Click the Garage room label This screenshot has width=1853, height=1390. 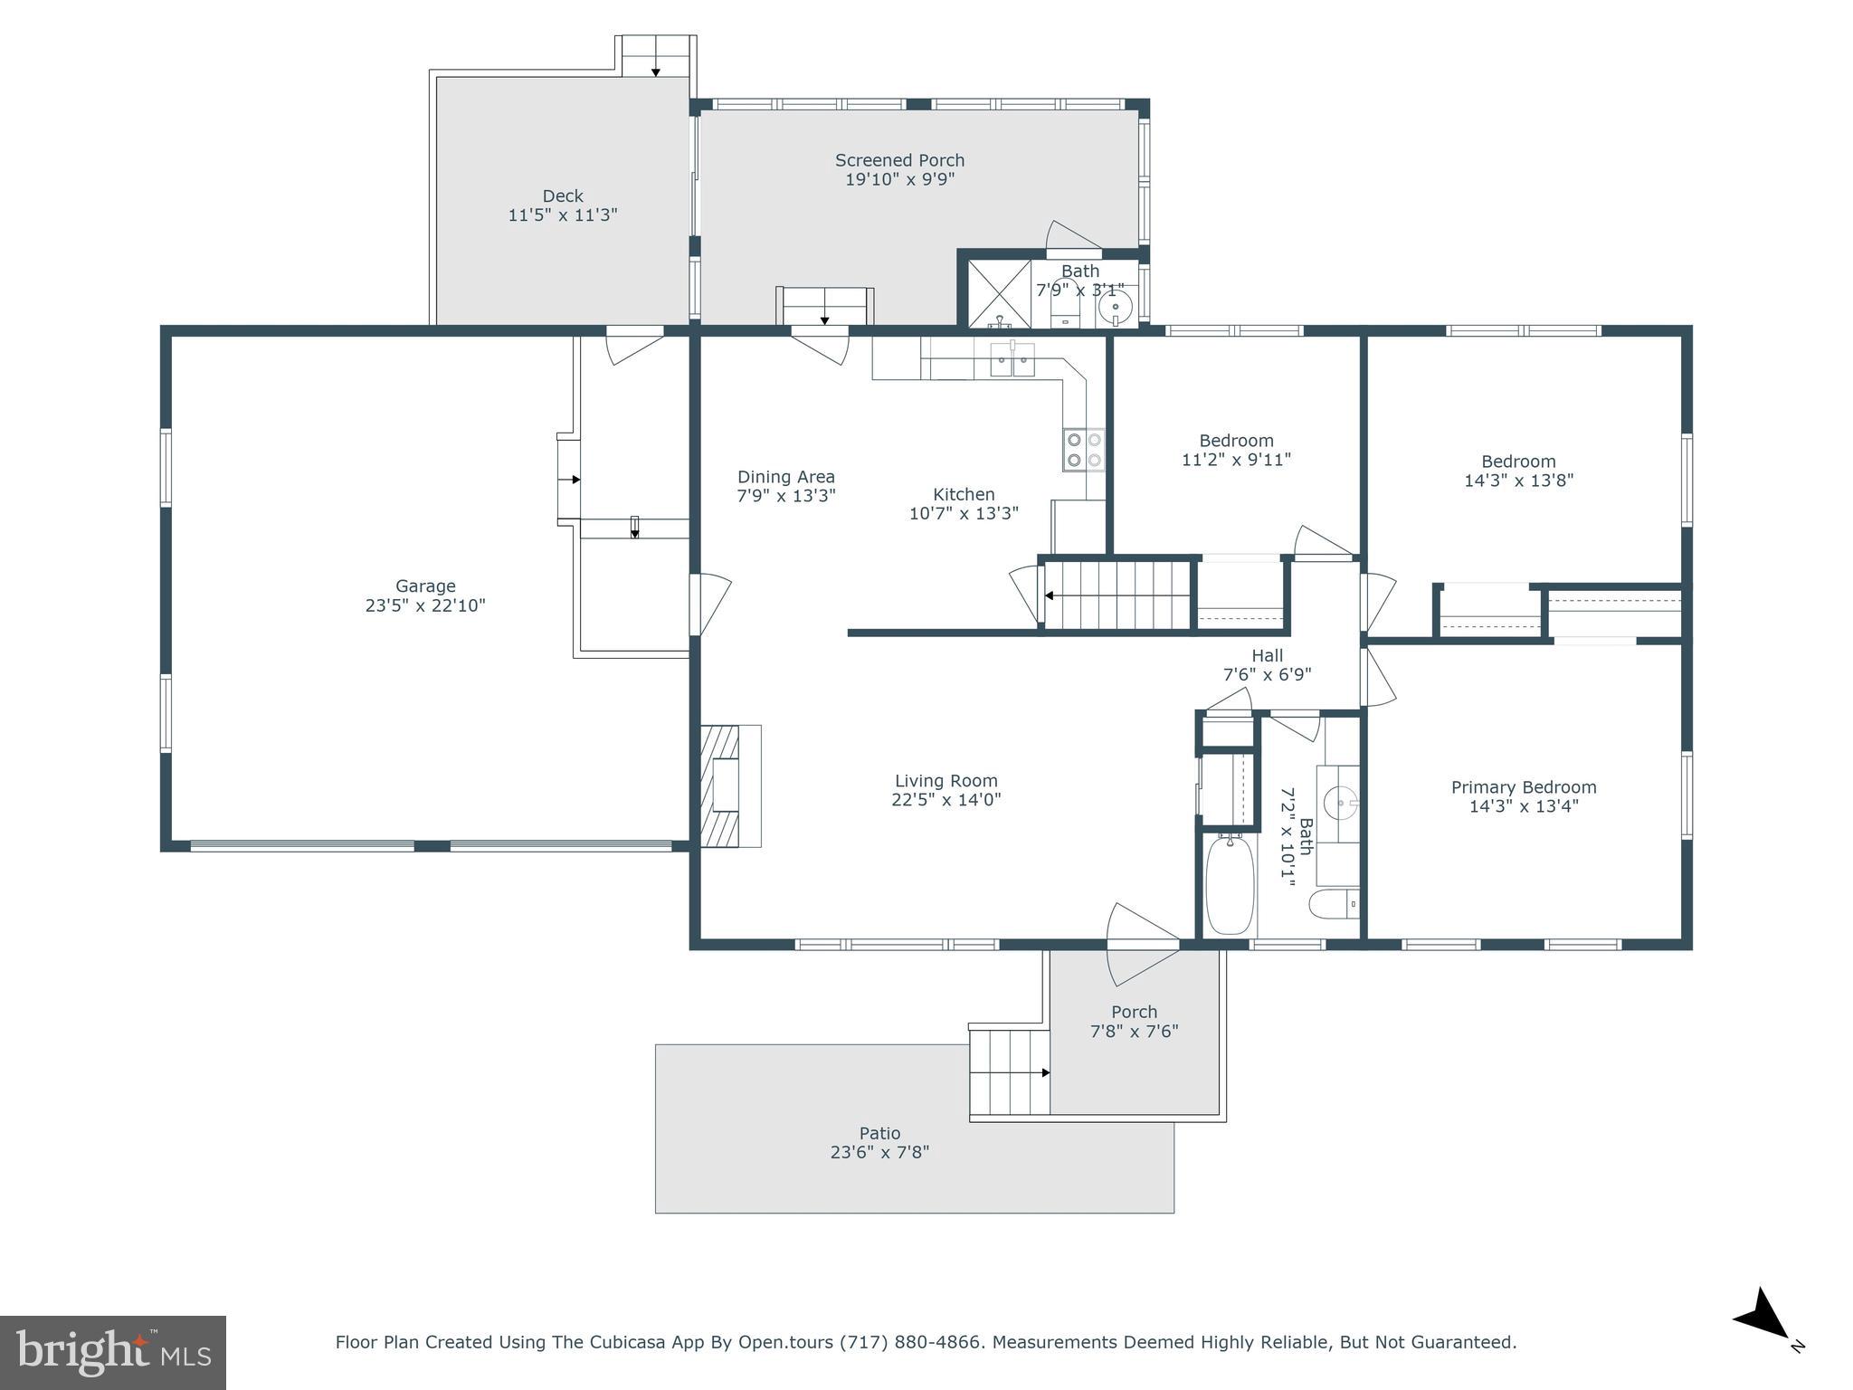pos(425,586)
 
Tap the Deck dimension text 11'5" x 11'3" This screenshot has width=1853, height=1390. pos(563,215)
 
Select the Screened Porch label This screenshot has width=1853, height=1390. pos(899,160)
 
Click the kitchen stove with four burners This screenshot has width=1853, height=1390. pos(1084,450)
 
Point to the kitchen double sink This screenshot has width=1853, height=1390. pos(1012,359)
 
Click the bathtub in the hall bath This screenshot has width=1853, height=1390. pos(1230,885)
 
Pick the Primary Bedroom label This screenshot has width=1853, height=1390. pos(1524,787)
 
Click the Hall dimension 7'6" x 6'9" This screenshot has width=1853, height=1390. pos(1267,674)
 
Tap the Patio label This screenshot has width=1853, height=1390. pos(879,1133)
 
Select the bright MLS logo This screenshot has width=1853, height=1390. pos(113,1352)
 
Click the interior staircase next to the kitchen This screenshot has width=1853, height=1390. pos(1118,595)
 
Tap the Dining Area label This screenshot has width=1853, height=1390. pos(785,477)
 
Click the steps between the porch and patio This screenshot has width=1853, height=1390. pos(1010,1072)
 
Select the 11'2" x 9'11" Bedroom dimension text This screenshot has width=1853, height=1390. pos(1236,460)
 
